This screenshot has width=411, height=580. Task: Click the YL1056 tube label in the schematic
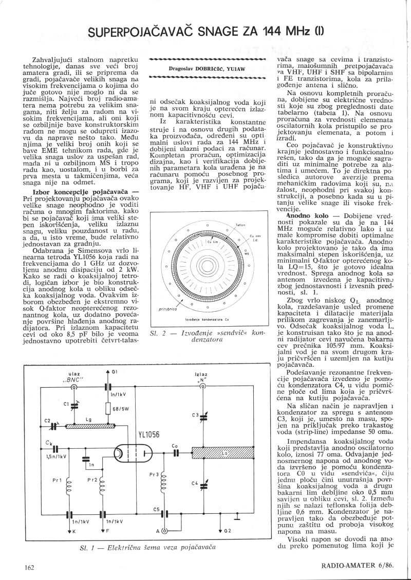(x=149, y=434)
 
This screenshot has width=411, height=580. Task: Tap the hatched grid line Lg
(x=90, y=426)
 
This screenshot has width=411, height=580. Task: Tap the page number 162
(x=29, y=567)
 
